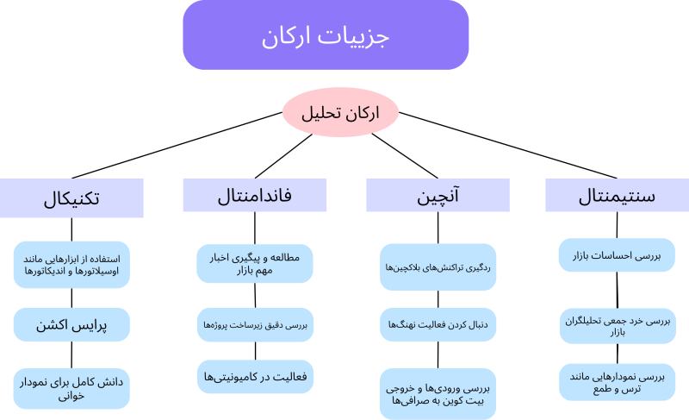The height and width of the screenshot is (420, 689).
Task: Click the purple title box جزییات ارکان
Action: click(326, 34)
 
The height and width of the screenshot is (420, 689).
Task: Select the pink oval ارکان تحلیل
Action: click(340, 112)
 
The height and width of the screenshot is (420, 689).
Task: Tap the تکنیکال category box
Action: click(71, 197)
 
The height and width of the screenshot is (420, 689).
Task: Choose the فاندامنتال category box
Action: click(255, 195)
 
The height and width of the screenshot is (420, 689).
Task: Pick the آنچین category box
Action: click(438, 195)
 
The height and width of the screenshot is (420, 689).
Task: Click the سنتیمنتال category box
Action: click(617, 195)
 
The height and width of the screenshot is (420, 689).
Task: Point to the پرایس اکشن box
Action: click(71, 324)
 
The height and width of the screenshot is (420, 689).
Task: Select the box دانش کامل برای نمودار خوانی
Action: click(71, 389)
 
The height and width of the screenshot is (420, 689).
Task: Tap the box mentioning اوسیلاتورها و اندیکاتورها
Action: click(71, 265)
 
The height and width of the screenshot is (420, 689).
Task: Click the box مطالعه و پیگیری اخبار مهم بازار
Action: click(255, 263)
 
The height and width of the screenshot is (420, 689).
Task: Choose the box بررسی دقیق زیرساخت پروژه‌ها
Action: click(255, 325)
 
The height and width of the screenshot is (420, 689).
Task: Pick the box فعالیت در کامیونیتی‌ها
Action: click(255, 377)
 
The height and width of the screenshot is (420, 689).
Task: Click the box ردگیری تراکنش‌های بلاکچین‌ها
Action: click(438, 267)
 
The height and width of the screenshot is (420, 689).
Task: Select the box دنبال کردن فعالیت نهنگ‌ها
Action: click(438, 324)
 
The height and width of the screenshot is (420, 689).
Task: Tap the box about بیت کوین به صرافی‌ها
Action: click(438, 394)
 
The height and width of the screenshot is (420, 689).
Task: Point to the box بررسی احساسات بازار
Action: click(617, 255)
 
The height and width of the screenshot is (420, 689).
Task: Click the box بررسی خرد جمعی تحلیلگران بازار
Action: click(618, 326)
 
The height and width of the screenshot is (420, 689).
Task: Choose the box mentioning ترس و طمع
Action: click(617, 382)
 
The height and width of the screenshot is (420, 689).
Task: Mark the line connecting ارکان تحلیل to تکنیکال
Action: click(177, 145)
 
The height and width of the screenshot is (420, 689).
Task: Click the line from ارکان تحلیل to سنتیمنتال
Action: click(508, 145)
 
